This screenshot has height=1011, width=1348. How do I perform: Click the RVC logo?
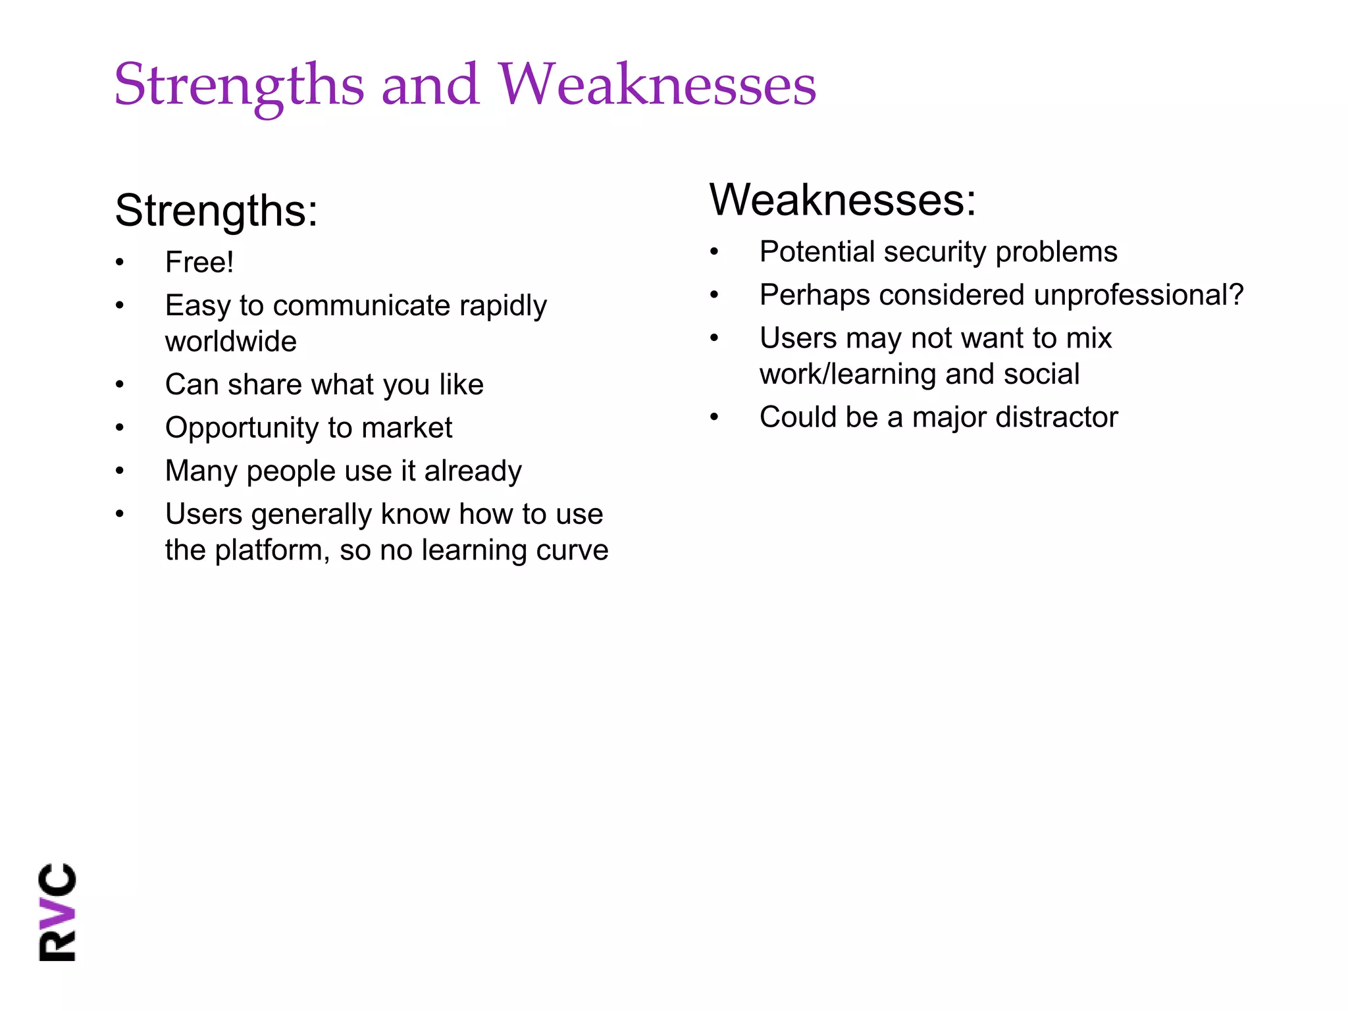tap(58, 912)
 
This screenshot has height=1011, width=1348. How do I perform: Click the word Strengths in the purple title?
tap(239, 86)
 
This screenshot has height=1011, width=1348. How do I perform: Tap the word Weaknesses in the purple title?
tap(657, 86)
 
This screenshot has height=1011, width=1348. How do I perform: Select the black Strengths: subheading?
tap(217, 211)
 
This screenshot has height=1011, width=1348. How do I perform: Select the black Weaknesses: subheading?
tap(842, 200)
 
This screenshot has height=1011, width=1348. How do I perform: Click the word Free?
tap(199, 263)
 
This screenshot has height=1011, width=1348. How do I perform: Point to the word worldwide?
tap(231, 342)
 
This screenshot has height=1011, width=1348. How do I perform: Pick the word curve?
tap(572, 551)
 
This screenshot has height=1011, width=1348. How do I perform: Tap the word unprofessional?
tap(1138, 296)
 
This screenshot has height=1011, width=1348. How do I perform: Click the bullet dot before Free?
tap(120, 263)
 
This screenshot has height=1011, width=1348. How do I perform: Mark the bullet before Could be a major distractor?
tap(714, 417)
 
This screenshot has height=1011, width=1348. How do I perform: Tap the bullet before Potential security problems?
tap(714, 252)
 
